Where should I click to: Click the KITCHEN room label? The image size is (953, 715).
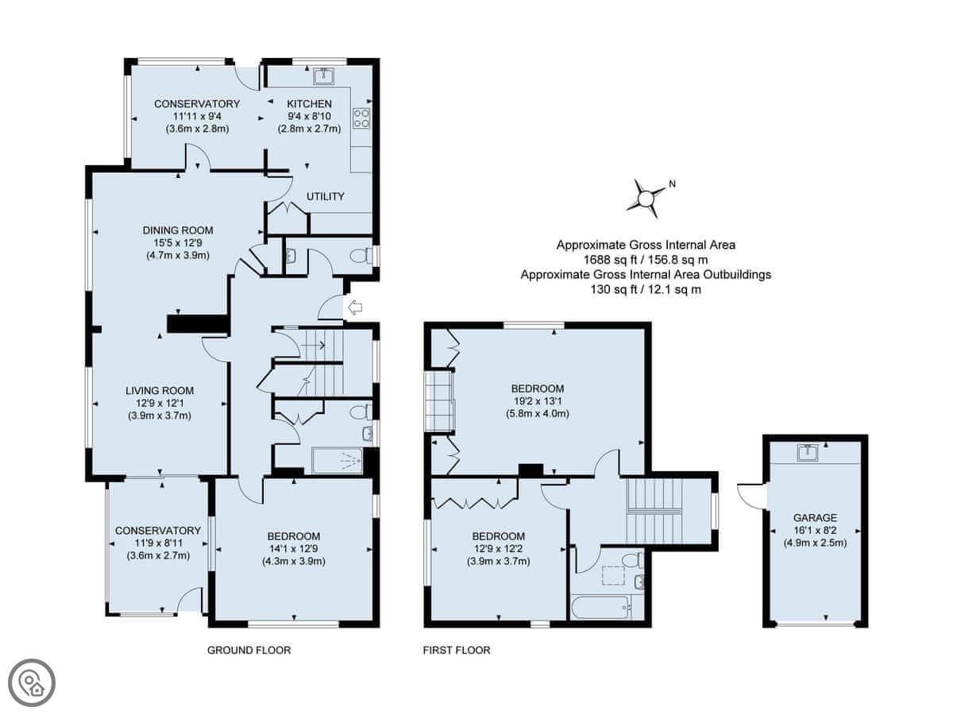click(309, 104)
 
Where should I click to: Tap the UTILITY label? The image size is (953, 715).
click(325, 197)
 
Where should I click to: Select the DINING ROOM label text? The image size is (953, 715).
click(178, 230)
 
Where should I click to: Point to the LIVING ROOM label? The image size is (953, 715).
click(160, 391)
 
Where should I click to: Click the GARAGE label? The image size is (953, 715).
click(815, 517)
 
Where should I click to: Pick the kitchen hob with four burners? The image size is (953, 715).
click(361, 118)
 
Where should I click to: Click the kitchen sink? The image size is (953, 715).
click(323, 76)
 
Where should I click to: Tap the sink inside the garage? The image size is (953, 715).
click(808, 453)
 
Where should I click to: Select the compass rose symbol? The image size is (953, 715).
click(646, 199)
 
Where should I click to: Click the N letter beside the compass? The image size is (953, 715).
click(672, 184)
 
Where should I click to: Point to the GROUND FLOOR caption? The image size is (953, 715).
click(249, 650)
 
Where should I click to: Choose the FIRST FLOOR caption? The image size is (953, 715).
click(457, 650)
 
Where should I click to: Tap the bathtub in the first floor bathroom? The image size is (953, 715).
click(601, 607)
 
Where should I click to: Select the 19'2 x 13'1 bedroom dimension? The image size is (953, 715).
click(538, 401)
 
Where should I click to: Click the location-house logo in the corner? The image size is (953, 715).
click(32, 683)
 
